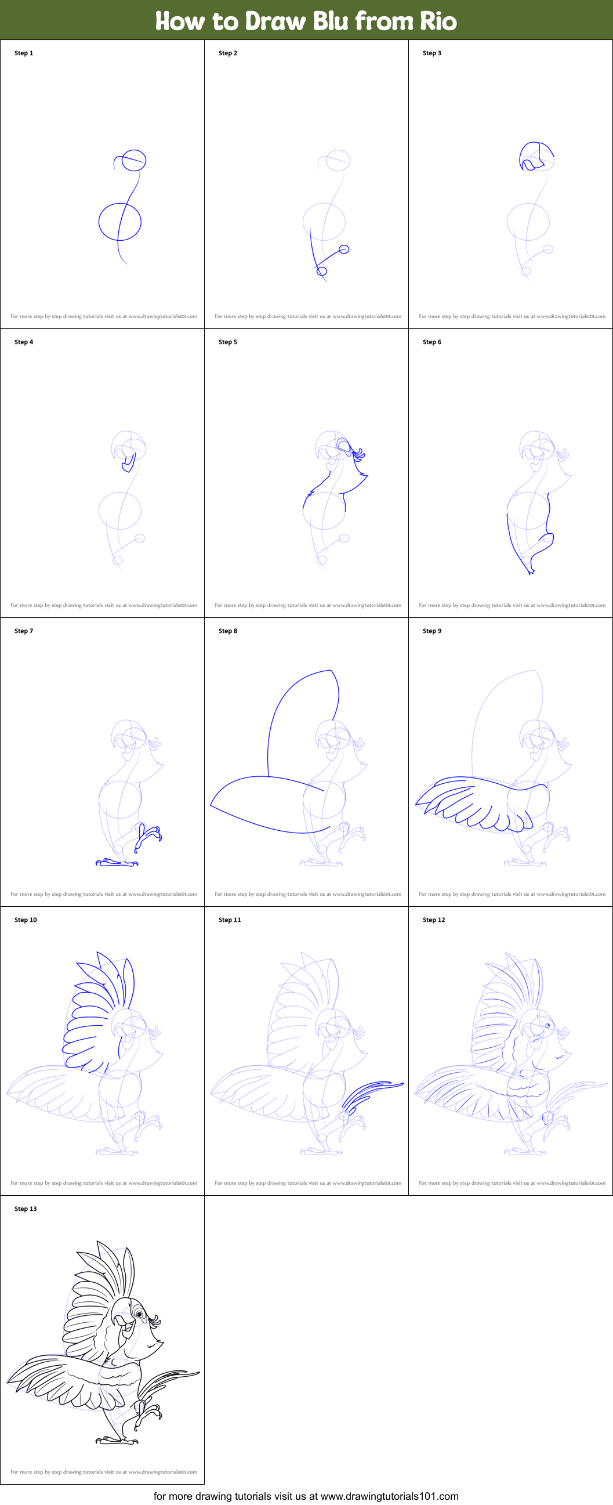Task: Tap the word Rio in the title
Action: pos(438,21)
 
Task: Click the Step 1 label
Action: pos(24,53)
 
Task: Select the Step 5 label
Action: pos(228,342)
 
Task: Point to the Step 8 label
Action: pos(228,631)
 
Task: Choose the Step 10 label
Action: pos(26,920)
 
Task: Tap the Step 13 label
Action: pos(26,1209)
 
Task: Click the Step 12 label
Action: pos(434,920)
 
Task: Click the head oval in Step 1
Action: pos(134,160)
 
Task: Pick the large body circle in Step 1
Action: pos(119,222)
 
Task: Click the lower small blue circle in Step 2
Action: pos(322,271)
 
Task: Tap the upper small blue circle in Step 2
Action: pos(344,249)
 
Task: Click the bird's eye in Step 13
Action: pos(140,1315)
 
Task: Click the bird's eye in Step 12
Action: pos(547,1025)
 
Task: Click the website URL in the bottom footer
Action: pos(389,1496)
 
